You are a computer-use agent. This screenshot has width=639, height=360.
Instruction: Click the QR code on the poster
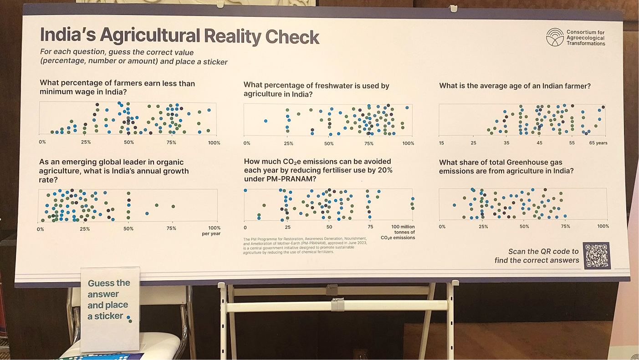click(x=597, y=256)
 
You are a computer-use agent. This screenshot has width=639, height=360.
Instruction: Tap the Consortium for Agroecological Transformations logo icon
click(x=554, y=37)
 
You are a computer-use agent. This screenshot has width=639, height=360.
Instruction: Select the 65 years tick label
click(x=598, y=143)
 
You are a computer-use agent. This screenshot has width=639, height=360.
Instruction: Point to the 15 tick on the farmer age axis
click(x=441, y=143)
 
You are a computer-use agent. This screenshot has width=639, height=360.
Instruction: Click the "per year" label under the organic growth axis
click(x=211, y=234)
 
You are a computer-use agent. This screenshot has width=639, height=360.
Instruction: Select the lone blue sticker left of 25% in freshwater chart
click(x=266, y=121)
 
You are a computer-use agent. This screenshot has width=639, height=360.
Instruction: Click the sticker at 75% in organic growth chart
click(x=173, y=206)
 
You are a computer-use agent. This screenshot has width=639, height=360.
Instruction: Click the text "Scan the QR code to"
click(x=543, y=251)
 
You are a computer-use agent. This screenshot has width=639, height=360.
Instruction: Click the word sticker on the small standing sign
click(x=109, y=316)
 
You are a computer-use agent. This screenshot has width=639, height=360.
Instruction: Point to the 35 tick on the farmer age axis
click(x=506, y=143)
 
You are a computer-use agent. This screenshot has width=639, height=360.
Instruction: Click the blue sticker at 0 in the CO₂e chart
click(x=245, y=190)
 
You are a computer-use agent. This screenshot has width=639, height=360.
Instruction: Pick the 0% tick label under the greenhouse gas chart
click(x=442, y=227)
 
